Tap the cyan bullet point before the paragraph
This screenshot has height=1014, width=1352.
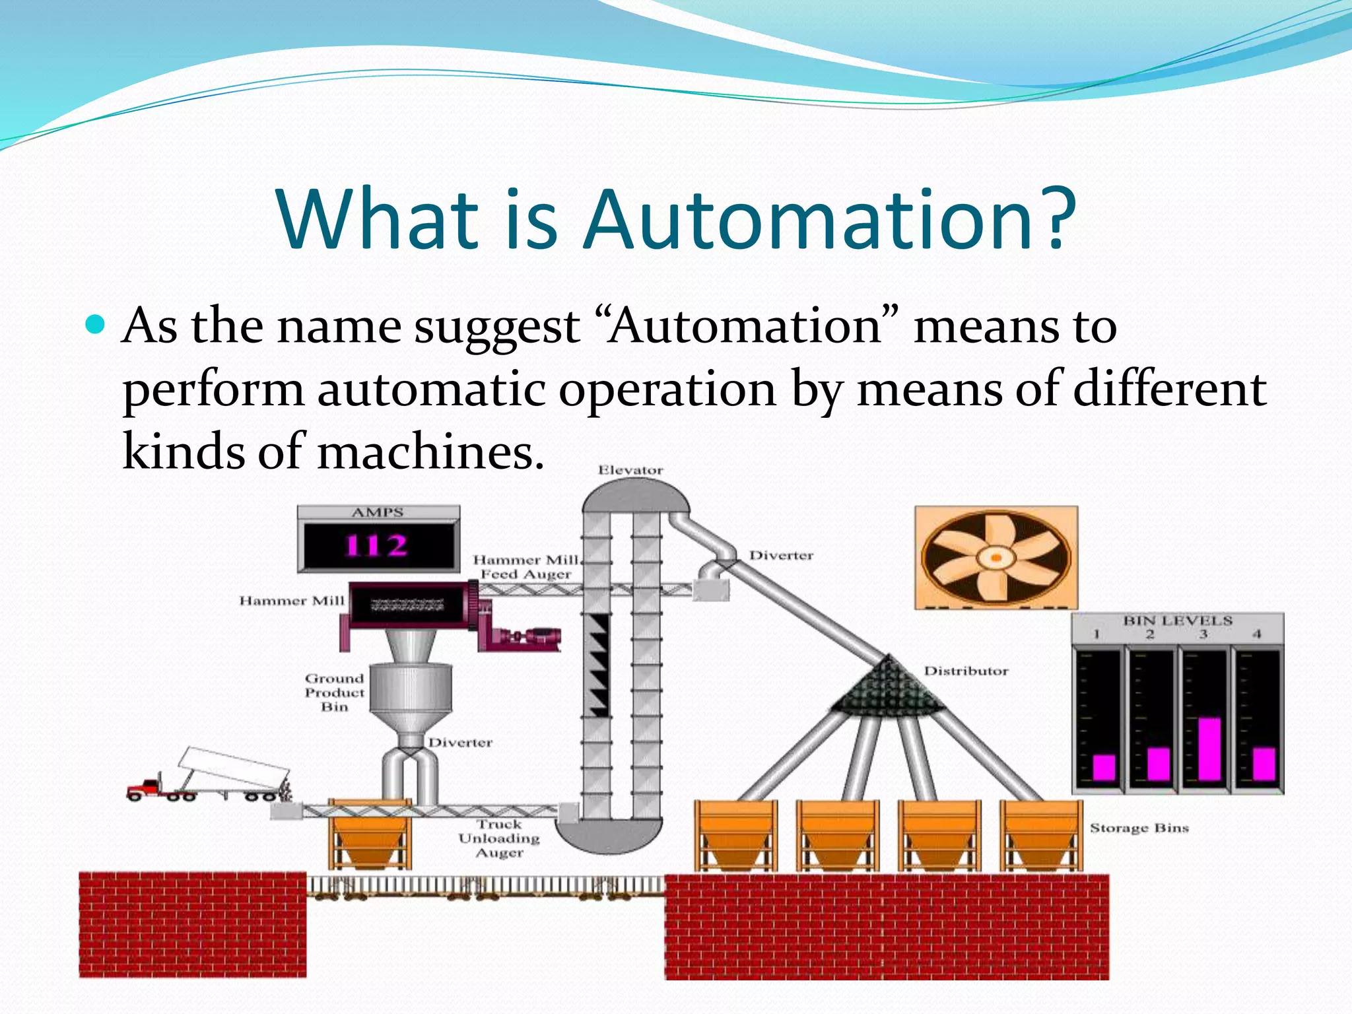tap(96, 325)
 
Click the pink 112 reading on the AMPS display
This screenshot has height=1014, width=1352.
tap(377, 546)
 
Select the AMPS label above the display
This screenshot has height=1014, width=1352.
tap(378, 512)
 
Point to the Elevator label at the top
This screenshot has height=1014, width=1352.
tap(630, 470)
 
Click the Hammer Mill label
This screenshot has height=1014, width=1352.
tap(292, 601)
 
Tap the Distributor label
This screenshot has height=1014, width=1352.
tap(966, 671)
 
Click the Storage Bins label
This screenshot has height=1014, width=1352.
tap(1139, 828)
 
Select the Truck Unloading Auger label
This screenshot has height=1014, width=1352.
tap(499, 838)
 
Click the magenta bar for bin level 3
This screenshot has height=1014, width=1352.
tap(1209, 749)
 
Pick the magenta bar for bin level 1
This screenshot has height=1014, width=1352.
tap(1104, 767)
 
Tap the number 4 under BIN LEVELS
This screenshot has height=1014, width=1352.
tap(1256, 634)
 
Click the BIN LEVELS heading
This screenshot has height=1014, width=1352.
tap(1178, 621)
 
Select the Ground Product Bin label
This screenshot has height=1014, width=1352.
tap(335, 693)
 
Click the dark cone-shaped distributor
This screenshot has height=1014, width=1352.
tap(887, 687)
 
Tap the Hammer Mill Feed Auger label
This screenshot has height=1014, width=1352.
tap(526, 567)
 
